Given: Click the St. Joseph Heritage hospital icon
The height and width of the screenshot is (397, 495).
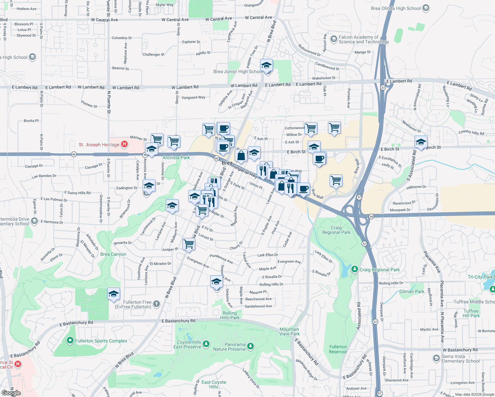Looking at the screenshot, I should click(124, 144).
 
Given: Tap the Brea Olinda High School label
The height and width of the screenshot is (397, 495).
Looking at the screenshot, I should click(395, 8).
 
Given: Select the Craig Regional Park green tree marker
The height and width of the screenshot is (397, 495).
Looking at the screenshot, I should click(355, 269).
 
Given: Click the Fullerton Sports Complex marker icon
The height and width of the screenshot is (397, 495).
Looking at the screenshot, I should click(70, 340).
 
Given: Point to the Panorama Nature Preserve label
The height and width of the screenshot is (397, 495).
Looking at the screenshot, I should click(229, 347).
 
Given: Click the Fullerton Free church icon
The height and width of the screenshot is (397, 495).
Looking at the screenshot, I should click(157, 304).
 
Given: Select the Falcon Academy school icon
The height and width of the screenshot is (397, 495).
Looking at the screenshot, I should click(333, 39).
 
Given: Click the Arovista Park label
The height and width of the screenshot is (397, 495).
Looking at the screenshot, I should click(176, 157).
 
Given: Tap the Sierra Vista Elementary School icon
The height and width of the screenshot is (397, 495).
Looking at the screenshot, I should click(436, 358).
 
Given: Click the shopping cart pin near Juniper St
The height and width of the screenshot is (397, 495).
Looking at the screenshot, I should click(189, 244).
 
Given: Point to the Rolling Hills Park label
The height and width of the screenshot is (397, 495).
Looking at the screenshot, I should click(230, 315).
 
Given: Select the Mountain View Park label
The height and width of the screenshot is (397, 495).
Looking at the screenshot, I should click(289, 331).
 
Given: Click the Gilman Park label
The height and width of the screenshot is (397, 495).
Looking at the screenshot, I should click(412, 291).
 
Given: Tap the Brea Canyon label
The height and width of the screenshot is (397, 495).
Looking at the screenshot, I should click(113, 254).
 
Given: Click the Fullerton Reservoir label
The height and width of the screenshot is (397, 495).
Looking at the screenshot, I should click(338, 349).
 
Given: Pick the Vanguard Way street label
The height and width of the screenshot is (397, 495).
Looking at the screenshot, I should click(193, 97).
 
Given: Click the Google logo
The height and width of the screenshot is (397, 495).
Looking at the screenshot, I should click(11, 393).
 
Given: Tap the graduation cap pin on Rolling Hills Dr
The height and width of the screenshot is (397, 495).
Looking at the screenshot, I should click(216, 282).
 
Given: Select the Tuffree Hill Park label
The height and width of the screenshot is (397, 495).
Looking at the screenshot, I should click(471, 313).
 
